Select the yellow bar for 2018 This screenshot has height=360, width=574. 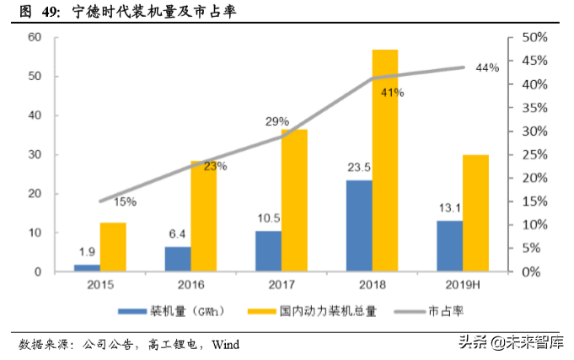coord(385,160)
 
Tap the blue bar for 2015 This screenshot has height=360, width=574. coord(87,268)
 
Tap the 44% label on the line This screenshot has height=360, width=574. coord(487,67)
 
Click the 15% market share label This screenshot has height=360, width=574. coord(125,201)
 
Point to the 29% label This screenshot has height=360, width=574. coord(277,122)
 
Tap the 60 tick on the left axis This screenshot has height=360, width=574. coord(35,37)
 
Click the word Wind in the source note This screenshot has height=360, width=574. coord(225,344)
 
